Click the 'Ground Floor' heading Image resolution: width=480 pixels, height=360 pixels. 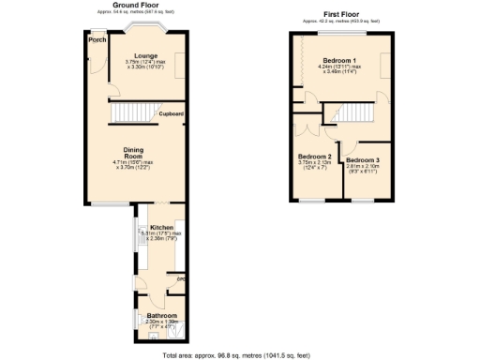134,5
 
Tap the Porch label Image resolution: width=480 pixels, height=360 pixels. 95,40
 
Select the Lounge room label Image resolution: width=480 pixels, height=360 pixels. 145,55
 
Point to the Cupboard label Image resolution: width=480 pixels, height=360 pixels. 171,113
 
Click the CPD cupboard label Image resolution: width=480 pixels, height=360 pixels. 183,278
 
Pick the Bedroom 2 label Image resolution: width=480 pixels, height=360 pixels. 315,157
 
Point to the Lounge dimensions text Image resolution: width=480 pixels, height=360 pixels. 145,66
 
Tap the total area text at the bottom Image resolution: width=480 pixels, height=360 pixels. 240,355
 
